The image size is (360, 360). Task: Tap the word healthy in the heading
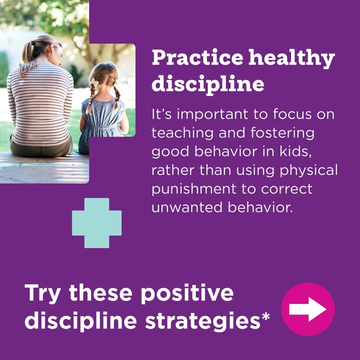[x=291, y=58]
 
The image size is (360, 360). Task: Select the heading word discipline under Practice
[x=208, y=83]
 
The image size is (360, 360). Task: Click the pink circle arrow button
[x=308, y=309]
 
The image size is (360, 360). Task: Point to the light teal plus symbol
[x=97, y=223]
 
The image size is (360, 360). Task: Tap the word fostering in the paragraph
[x=282, y=133]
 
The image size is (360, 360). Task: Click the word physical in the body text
[x=308, y=170]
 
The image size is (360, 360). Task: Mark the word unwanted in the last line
[x=187, y=207]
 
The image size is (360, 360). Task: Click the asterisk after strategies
[x=265, y=316]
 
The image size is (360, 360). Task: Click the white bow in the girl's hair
[x=94, y=82]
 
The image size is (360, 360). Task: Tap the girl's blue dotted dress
[x=103, y=121]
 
